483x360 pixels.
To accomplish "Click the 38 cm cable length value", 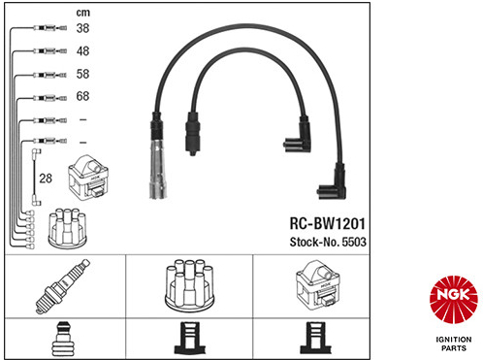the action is pos(82,28).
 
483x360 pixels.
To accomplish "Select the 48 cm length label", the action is pos(82,51).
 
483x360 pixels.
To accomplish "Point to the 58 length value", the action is pos(82,74).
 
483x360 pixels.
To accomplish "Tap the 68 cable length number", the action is pos(82,96).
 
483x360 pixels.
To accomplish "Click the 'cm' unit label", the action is pos(82,13).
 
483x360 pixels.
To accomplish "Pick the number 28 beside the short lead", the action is pos(46,179).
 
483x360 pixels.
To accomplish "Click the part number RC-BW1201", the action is pos(328,224).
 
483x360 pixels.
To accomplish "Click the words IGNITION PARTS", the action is pos(454,344).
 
